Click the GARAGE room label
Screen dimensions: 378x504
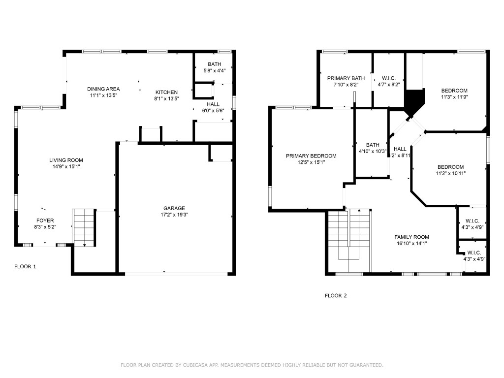click(174, 208)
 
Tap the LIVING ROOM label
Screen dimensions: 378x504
click(66, 160)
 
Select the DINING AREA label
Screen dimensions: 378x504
click(103, 89)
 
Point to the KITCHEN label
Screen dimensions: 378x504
click(166, 92)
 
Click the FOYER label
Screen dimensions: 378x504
click(45, 220)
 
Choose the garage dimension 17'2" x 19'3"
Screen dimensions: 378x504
click(174, 215)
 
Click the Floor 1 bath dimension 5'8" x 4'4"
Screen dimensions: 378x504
click(214, 70)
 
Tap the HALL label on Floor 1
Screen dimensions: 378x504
click(213, 104)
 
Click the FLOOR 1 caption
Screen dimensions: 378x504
click(25, 266)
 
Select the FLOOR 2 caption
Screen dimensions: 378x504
click(336, 296)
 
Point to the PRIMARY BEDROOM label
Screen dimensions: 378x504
click(311, 156)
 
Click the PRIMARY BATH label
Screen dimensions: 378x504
click(346, 78)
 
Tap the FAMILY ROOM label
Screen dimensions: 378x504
click(411, 237)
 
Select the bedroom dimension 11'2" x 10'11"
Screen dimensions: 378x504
click(450, 173)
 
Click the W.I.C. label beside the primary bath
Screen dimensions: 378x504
click(388, 78)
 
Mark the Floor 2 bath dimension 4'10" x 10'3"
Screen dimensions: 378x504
click(373, 151)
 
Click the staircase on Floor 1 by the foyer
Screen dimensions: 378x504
click(84, 226)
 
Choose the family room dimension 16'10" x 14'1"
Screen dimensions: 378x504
click(411, 243)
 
